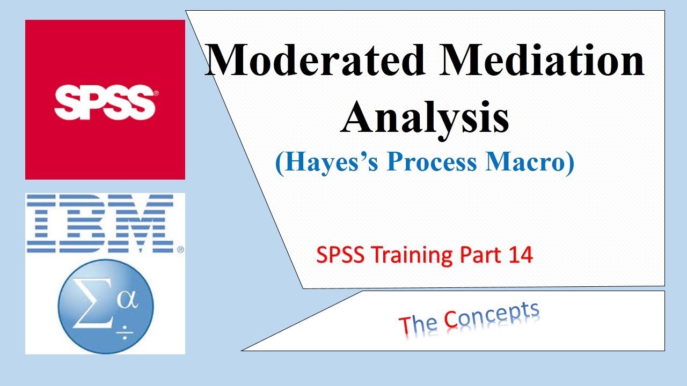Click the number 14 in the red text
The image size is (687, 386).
[520, 255]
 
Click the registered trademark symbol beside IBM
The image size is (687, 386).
[180, 249]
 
